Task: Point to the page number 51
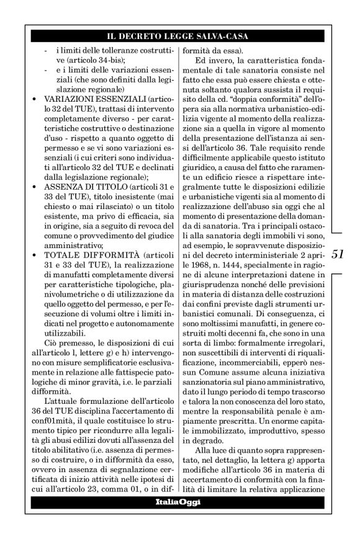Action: click(339, 254)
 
